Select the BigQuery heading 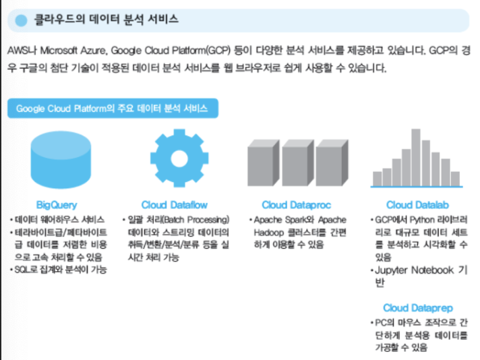click(x=57, y=204)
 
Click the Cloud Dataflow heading click(x=174, y=204)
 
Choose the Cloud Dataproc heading click(x=295, y=204)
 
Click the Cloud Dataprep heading click(x=417, y=307)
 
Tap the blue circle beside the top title click(x=21, y=20)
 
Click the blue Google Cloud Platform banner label click(x=112, y=109)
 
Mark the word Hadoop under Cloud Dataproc click(x=268, y=232)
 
